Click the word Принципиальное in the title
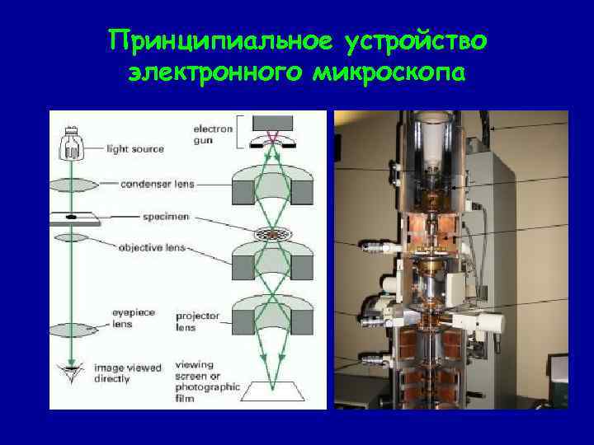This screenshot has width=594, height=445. pos(207,39)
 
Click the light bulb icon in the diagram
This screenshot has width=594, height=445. pos(72,144)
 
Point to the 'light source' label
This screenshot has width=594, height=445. pos(135,149)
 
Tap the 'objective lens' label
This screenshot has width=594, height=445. pos(153,246)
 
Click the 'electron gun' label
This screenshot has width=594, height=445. pos(212,134)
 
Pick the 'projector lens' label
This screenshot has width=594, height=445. pos(196,321)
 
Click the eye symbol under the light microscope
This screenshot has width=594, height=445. pos(71,372)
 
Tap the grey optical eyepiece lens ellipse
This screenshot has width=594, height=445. pos(71,330)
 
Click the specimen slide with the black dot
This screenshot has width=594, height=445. pos(72,218)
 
